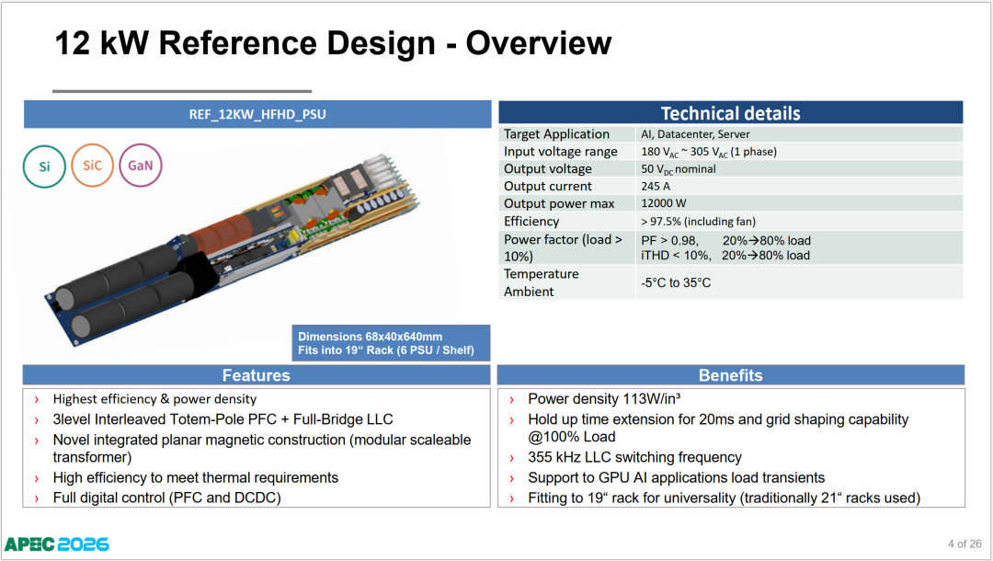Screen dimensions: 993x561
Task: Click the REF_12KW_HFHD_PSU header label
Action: click(x=257, y=115)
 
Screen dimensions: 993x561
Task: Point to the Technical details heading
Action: click(x=730, y=113)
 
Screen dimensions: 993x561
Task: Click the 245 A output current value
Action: click(x=656, y=186)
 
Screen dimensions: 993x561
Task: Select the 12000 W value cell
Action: click(x=664, y=203)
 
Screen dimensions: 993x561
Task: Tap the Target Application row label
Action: click(x=556, y=134)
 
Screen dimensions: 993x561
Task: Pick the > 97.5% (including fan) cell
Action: click(x=698, y=222)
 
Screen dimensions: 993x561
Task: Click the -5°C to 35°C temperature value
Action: click(x=676, y=282)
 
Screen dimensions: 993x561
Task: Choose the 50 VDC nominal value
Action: click(x=679, y=169)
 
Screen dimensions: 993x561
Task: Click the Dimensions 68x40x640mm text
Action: click(x=370, y=337)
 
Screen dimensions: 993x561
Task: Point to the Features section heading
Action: click(x=256, y=375)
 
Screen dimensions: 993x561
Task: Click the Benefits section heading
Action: click(x=730, y=375)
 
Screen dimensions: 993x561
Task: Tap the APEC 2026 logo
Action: click(x=57, y=544)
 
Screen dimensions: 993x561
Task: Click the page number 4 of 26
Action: click(x=964, y=544)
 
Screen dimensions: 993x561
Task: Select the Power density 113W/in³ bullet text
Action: click(x=604, y=399)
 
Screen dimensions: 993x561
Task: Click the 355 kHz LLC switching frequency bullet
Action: click(x=634, y=457)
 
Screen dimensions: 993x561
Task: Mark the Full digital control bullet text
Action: click(x=166, y=498)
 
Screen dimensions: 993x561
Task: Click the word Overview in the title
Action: click(x=539, y=43)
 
